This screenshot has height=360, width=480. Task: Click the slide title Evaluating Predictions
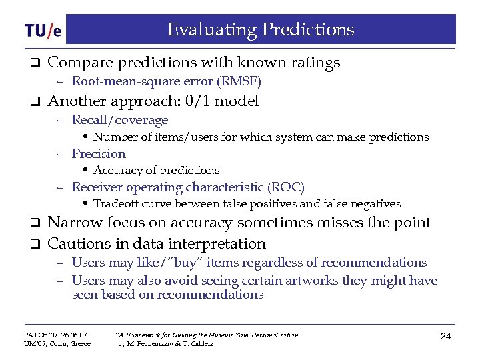(261, 30)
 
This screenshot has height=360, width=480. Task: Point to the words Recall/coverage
(120, 120)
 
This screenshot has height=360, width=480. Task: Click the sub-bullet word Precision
(99, 153)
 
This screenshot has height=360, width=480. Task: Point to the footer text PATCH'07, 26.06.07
(55, 333)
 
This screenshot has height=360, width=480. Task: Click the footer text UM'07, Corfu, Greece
(57, 343)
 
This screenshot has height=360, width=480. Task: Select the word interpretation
(212, 244)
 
